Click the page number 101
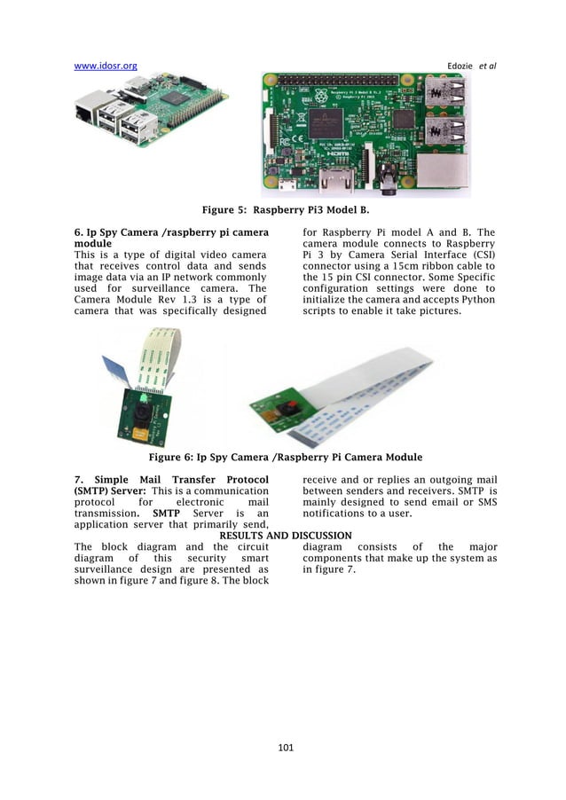point(285,748)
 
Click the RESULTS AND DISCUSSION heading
point(285,536)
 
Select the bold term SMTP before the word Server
point(169,513)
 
